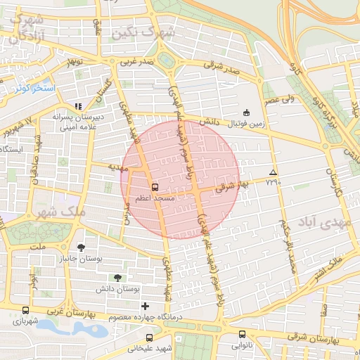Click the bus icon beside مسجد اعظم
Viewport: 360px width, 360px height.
coord(155,187)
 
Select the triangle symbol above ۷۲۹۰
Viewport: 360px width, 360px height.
coord(273,172)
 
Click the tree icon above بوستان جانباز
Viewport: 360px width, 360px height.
coord(82,247)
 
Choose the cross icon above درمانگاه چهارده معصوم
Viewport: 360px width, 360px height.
coord(146,306)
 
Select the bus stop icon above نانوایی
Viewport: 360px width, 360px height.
coord(243,335)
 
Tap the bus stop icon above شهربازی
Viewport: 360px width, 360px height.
coord(26,310)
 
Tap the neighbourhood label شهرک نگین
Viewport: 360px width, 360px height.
coord(147,32)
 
